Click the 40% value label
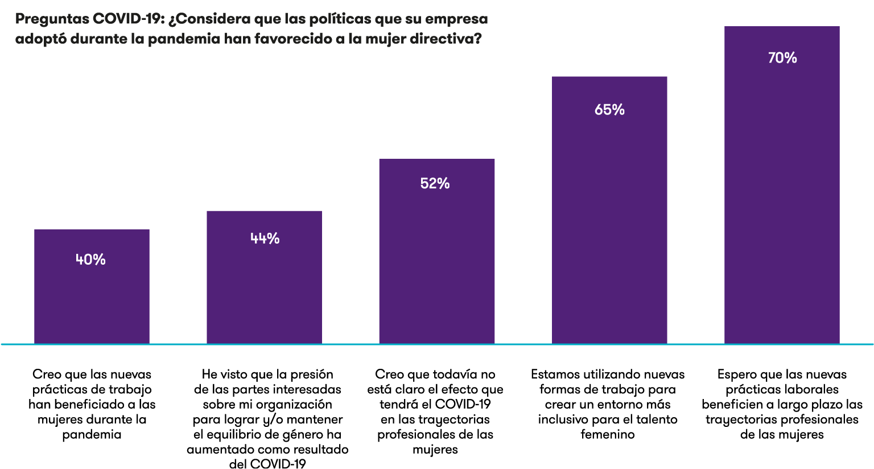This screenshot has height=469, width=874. [90, 260]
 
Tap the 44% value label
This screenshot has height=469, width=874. [265, 238]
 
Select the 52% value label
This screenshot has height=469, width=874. [435, 183]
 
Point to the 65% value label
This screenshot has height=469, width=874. [609, 109]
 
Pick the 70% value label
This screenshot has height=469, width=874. [782, 57]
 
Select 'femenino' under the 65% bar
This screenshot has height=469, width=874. [608, 434]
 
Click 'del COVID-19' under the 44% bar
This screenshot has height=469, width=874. [267, 464]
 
